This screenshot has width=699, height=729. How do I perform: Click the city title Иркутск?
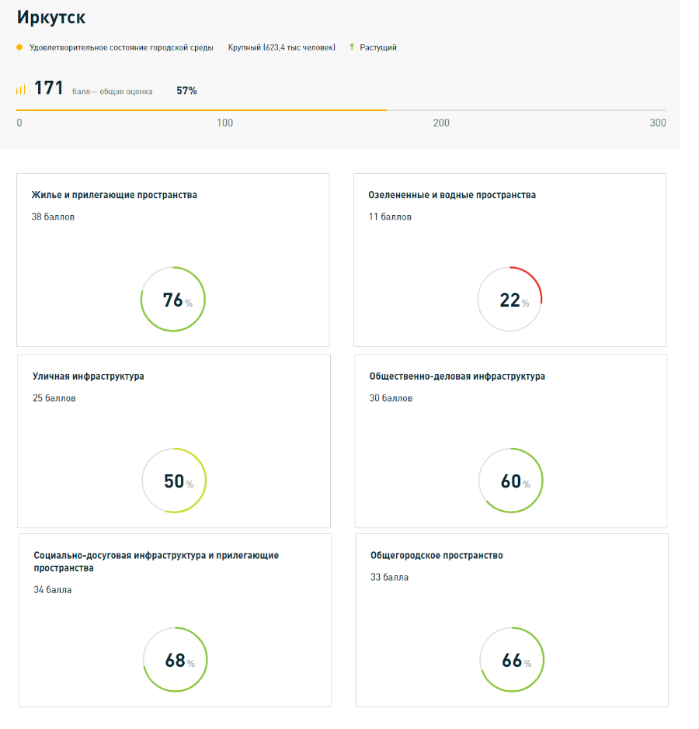[51, 17]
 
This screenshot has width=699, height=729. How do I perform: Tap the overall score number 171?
[48, 89]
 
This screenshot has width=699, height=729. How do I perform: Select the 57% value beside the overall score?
[186, 91]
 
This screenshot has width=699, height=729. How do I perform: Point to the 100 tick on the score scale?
[224, 123]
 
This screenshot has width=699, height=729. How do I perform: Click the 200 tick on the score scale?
[441, 123]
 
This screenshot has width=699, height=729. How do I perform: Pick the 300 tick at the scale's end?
[657, 123]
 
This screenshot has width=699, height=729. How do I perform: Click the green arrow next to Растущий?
[352, 47]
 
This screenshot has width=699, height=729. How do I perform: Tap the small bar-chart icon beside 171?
[21, 89]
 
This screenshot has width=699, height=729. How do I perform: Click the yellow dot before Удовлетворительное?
[19, 47]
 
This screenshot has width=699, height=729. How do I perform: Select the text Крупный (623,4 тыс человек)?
[281, 47]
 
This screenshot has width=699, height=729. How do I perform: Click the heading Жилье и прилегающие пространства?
[114, 195]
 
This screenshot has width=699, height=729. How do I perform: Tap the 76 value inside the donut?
[172, 300]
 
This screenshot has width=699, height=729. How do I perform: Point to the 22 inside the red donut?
[509, 300]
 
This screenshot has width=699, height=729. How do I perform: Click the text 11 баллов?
[390, 217]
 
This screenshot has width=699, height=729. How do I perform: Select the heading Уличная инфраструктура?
[88, 377]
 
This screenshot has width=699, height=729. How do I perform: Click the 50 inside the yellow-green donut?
[174, 481]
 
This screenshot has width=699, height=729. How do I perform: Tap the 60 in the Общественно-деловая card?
[510, 481]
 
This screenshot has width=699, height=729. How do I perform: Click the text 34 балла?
[53, 590]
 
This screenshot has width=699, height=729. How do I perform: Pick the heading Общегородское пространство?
[436, 556]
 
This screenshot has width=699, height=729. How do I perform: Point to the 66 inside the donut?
[512, 661]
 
